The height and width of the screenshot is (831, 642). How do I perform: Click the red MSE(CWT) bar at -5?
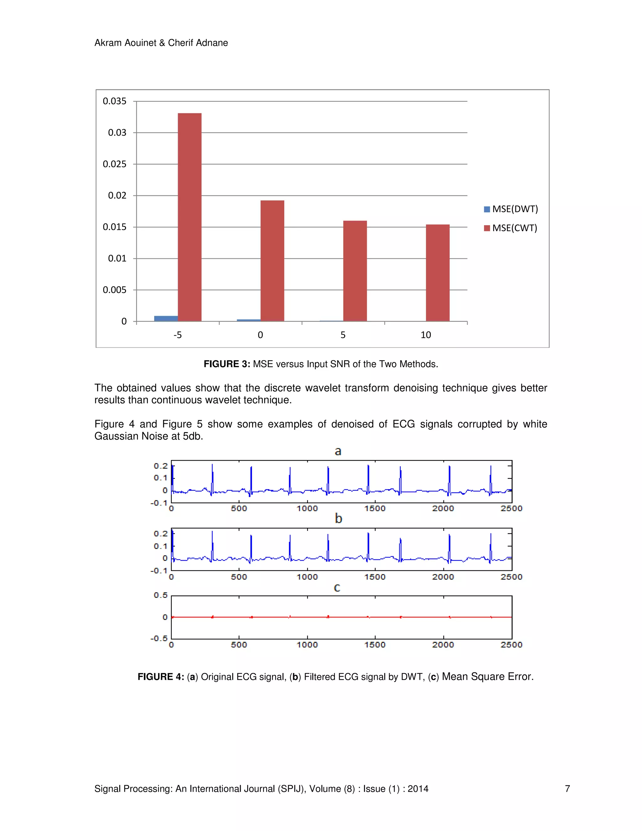tap(189, 217)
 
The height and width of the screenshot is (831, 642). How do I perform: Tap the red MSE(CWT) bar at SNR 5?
tap(355, 271)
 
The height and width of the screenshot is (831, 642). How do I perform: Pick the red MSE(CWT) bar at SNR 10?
tap(437, 273)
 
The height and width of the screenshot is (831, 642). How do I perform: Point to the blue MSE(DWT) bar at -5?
tap(166, 319)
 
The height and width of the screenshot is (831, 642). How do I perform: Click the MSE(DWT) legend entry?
tap(511, 209)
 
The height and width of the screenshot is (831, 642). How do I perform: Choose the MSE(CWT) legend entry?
tap(510, 228)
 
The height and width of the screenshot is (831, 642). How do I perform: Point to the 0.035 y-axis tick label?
tap(114, 101)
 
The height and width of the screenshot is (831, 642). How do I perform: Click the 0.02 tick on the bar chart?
tap(117, 196)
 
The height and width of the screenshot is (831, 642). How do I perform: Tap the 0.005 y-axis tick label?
tap(114, 290)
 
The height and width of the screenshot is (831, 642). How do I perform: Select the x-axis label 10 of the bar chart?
tap(426, 335)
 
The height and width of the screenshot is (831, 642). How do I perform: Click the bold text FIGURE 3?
tap(227, 364)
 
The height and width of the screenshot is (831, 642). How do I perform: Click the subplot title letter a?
tap(338, 451)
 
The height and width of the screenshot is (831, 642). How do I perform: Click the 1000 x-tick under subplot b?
tap(307, 577)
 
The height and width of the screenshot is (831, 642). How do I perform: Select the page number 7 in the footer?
tap(567, 789)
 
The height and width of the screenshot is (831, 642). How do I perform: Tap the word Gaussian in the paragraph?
tap(116, 436)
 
